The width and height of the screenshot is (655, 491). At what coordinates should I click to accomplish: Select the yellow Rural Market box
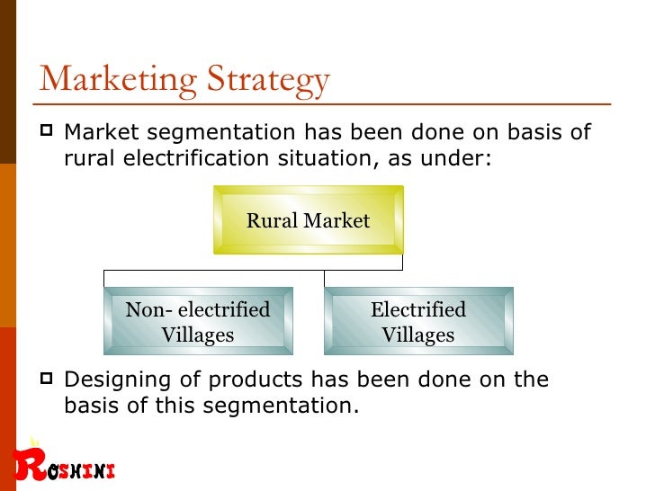(x=308, y=220)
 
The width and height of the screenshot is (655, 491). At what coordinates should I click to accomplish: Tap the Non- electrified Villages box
(x=198, y=322)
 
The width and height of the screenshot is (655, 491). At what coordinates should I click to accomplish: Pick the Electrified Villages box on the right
(x=418, y=322)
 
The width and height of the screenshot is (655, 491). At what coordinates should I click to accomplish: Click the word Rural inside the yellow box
(x=273, y=220)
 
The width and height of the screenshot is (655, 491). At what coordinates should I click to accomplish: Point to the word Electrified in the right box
(x=418, y=310)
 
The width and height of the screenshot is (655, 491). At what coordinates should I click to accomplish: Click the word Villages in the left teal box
(x=198, y=335)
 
